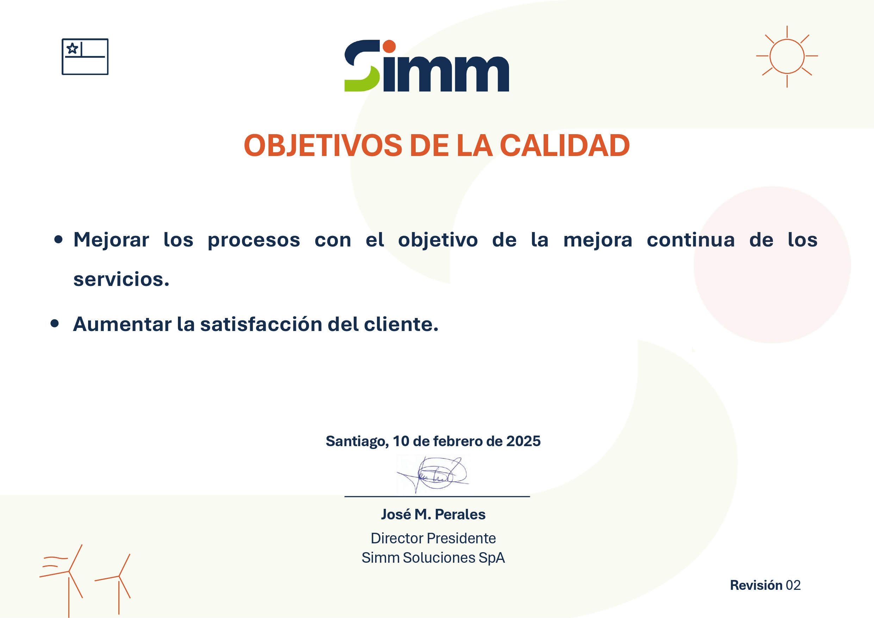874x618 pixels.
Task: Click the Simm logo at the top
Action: click(x=426, y=65)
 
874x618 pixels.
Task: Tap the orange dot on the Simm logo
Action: click(x=389, y=46)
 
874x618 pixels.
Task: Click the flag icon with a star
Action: click(x=85, y=57)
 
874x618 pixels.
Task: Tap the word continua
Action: click(x=690, y=240)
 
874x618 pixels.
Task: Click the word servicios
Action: click(x=121, y=279)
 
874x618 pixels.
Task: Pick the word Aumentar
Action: click(x=122, y=324)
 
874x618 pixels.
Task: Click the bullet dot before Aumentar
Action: click(x=55, y=324)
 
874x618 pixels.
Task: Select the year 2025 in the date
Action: click(x=523, y=441)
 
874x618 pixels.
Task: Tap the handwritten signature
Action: click(x=433, y=475)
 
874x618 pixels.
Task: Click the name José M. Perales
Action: click(x=433, y=514)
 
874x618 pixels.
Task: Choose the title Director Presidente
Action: click(x=433, y=538)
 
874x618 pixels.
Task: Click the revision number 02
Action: click(x=793, y=585)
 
